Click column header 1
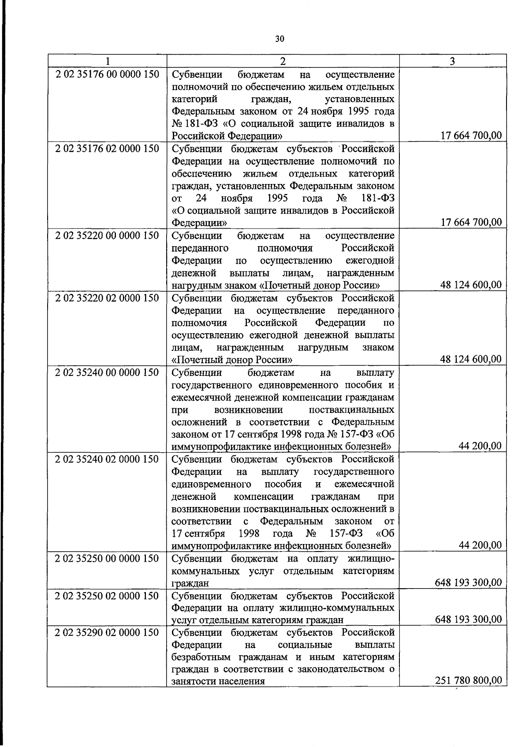[x=107, y=61]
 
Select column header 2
[x=283, y=61]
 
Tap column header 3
[x=452, y=61]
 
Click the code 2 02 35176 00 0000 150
[x=107, y=74]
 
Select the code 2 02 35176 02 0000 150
[x=107, y=148]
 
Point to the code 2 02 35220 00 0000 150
[x=107, y=235]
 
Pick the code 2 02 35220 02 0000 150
[x=107, y=298]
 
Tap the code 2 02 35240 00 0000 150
[x=107, y=372]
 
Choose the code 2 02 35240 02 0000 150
[x=107, y=459]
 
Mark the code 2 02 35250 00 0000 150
[x=107, y=559]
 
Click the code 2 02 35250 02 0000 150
[x=107, y=596]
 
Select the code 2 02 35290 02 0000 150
[x=107, y=633]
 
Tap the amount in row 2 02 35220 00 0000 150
[x=471, y=285]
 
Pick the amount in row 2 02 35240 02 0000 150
[x=480, y=545]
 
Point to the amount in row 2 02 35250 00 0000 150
[x=468, y=582]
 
